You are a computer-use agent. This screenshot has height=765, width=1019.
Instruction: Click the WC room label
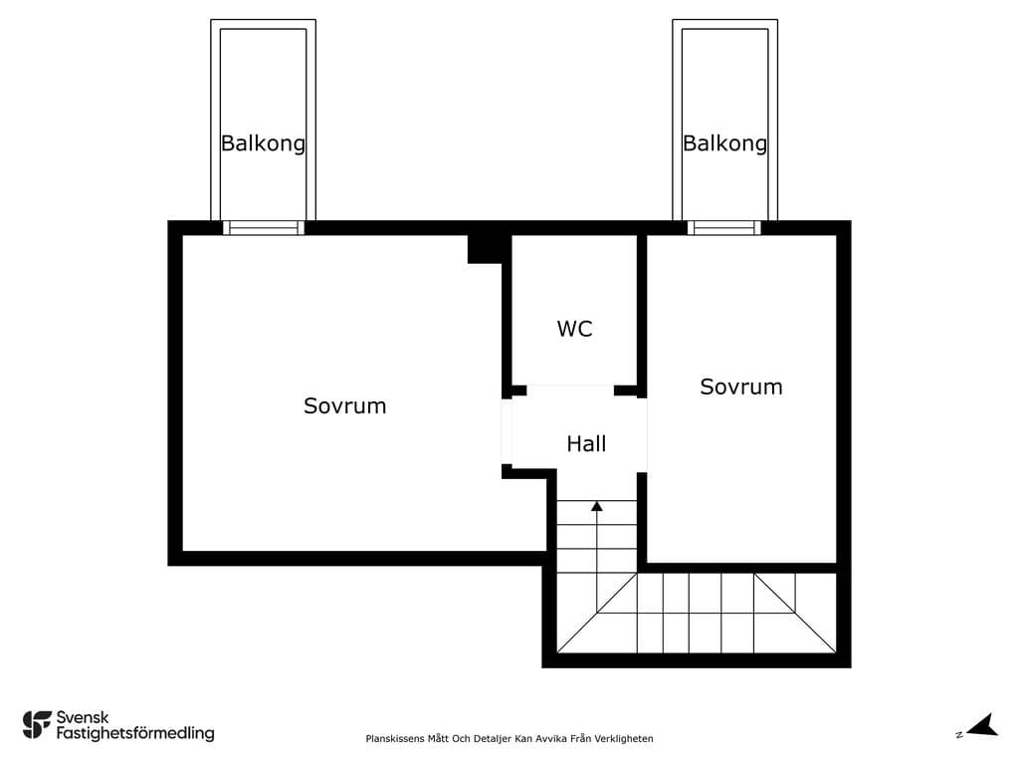[574, 329]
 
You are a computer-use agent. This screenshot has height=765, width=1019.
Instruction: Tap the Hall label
[586, 443]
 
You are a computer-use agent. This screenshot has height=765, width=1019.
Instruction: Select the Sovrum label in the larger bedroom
[345, 406]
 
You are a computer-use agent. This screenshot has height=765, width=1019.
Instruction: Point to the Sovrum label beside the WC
[740, 387]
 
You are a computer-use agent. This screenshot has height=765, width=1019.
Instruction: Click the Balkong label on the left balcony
[263, 143]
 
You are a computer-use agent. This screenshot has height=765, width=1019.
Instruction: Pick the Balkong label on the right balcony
[724, 143]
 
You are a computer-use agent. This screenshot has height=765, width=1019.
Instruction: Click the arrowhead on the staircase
[597, 505]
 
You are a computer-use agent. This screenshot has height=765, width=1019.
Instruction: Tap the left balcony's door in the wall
[263, 228]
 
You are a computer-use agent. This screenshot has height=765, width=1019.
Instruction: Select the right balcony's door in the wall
[724, 228]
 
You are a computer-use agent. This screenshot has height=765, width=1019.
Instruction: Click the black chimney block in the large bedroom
[485, 248]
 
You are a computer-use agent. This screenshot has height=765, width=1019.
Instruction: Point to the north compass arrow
[982, 725]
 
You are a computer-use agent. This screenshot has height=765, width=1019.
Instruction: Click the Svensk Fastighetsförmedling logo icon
[37, 725]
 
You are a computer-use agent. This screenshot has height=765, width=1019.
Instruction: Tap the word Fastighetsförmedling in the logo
[135, 734]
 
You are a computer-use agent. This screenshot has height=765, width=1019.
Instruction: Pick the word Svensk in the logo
[83, 717]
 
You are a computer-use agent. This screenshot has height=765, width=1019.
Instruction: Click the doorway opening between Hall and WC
[570, 390]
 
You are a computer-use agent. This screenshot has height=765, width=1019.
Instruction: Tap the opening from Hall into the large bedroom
[507, 431]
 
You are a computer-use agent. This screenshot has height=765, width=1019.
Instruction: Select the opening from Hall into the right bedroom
[642, 435]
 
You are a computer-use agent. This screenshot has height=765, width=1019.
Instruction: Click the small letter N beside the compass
[959, 735]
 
